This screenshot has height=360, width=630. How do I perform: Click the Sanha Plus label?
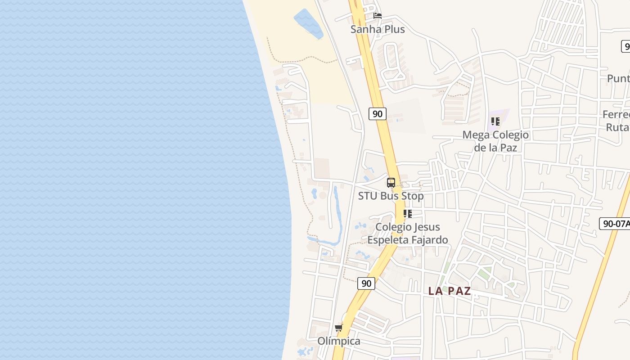tap(378, 29)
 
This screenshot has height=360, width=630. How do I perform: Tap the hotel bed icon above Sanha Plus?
tap(378, 16)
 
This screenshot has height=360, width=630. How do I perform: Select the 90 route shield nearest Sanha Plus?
tap(378, 114)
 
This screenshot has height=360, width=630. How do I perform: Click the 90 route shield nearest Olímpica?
tap(366, 283)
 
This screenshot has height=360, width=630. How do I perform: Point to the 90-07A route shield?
tap(614, 224)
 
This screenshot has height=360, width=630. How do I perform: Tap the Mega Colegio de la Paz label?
tap(495, 141)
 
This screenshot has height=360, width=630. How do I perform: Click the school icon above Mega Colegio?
tap(495, 121)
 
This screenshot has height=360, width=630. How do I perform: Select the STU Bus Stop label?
tap(391, 196)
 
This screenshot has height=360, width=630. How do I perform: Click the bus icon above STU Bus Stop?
tap(391, 183)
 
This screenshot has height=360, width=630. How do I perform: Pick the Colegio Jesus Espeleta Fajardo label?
tap(408, 233)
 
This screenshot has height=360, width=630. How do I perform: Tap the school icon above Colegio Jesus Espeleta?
tap(408, 214)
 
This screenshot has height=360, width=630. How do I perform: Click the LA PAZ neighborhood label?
tap(450, 291)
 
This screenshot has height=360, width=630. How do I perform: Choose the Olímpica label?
tap(339, 341)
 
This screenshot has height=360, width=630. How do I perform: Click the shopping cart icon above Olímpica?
tap(338, 328)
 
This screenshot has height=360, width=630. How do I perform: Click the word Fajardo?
tap(429, 240)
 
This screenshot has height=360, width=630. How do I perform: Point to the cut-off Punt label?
tap(618, 78)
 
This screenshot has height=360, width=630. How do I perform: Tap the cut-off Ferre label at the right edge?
tap(616, 114)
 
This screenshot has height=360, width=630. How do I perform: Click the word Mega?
tap(476, 135)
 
